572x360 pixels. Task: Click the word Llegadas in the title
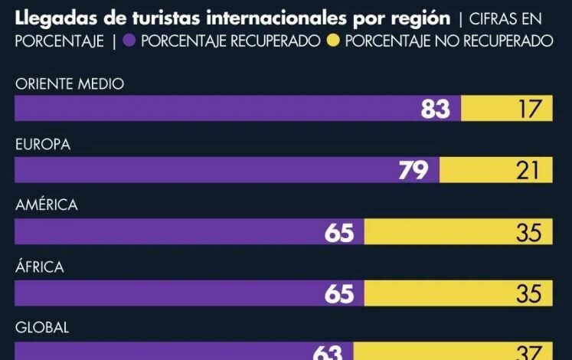tap(47, 17)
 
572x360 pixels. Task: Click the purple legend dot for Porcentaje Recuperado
tap(129, 41)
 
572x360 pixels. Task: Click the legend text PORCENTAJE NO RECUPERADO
tap(449, 41)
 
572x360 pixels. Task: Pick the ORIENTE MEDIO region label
tap(69, 84)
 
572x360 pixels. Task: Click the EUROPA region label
tap(43, 146)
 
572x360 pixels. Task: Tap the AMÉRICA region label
tap(47, 206)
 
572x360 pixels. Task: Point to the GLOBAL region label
tap(42, 328)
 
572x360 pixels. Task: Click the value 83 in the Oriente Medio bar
tap(435, 110)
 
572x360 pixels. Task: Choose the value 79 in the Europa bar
tap(413, 171)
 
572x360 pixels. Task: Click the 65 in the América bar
tap(339, 232)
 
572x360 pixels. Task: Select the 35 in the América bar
tap(528, 232)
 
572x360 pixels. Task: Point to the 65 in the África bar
tap(339, 293)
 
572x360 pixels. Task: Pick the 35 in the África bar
tap(528, 293)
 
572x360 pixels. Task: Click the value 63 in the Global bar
tap(328, 352)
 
